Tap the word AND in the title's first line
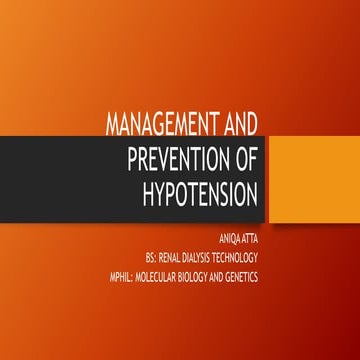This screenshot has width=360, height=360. click(x=236, y=125)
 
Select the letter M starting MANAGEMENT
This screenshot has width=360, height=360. click(x=114, y=125)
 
